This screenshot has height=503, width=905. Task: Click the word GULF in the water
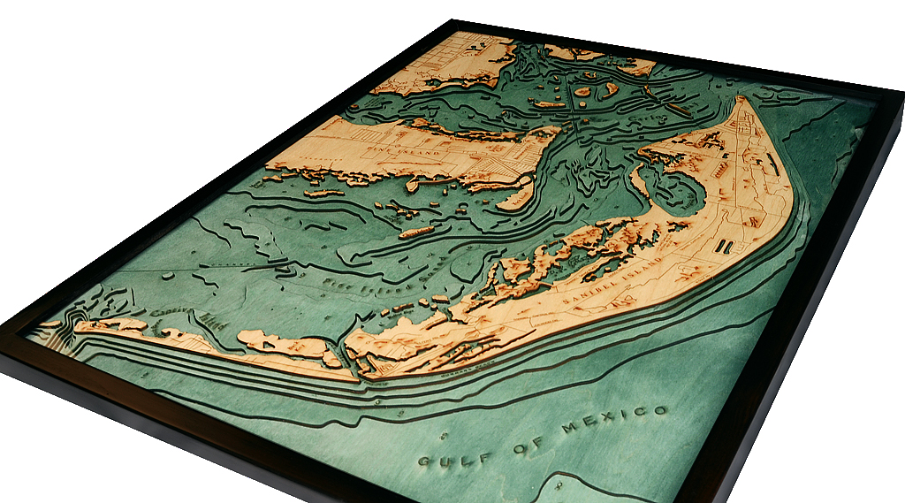[453, 458]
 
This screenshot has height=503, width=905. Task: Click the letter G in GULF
[424, 464]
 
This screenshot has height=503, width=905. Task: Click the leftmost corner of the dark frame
[3, 333]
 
